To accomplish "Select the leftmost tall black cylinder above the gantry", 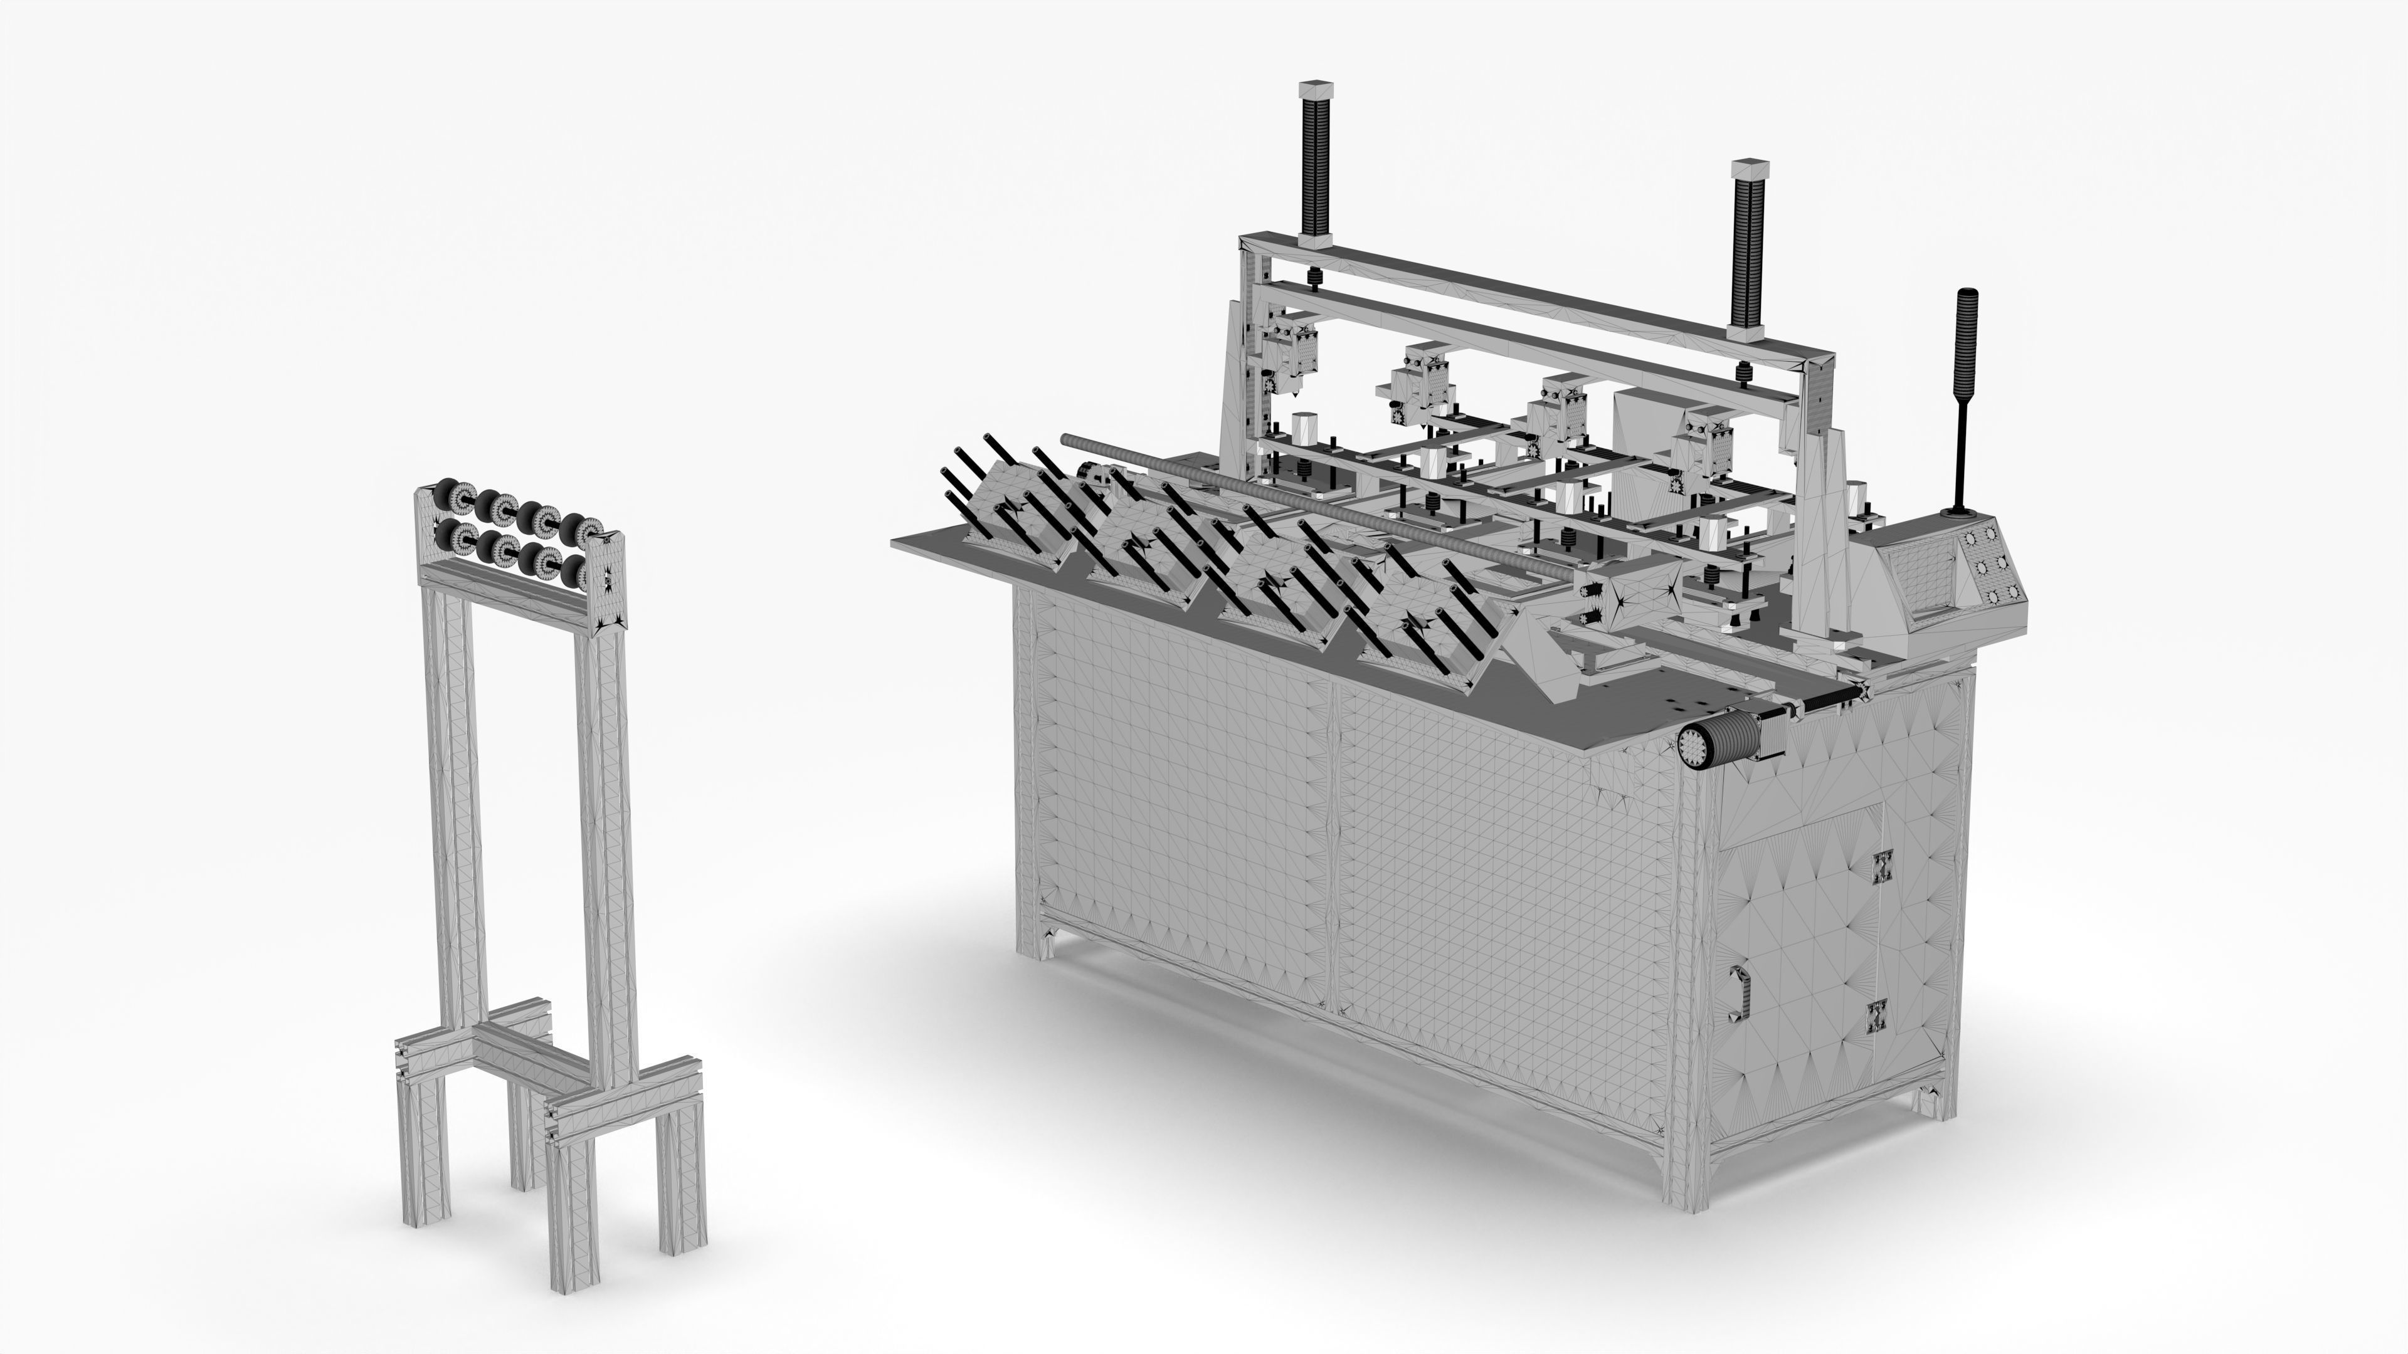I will coord(1315,173).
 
